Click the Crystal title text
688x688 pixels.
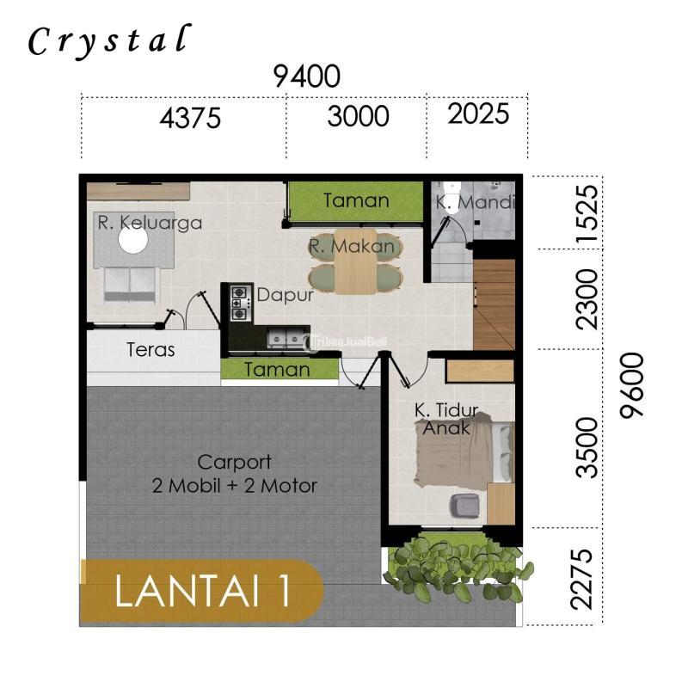107,40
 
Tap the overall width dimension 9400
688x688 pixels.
306,77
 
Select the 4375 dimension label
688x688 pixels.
190,118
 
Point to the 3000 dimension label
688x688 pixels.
358,116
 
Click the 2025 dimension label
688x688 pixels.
478,114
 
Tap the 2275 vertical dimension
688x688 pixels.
587,578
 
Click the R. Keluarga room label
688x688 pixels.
150,224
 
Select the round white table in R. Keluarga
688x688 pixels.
132,242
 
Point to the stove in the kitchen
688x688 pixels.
238,302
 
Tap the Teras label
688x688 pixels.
150,350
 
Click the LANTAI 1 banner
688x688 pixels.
201,593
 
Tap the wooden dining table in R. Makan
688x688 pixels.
355,261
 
